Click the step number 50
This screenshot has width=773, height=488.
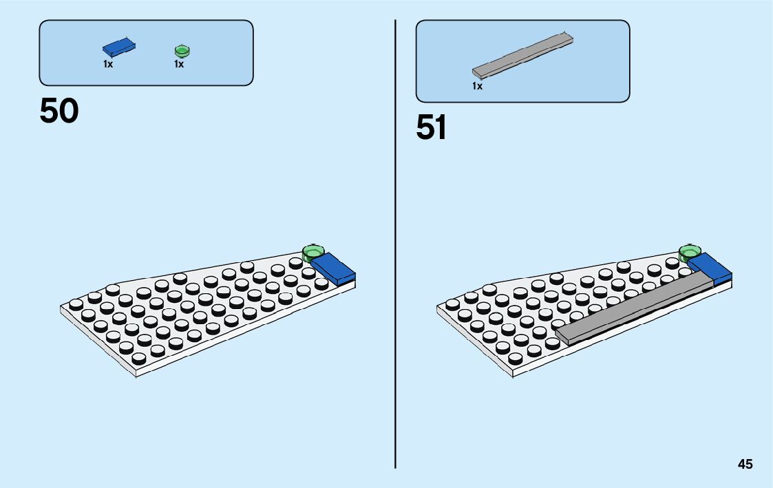point(59,111)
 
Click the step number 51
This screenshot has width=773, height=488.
point(432,127)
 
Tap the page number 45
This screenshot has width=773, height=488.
point(745,465)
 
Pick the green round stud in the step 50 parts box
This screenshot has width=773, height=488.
point(182,50)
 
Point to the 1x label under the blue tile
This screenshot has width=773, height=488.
point(108,64)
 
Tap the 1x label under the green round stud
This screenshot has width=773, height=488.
point(179,64)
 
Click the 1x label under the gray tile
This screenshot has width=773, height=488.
point(477,86)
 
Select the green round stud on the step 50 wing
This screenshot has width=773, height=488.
point(313,251)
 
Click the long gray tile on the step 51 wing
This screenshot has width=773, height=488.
point(633,306)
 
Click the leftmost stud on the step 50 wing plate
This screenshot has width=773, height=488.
point(76,304)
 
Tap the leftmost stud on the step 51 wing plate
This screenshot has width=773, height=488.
point(452,304)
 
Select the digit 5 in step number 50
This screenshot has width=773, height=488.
point(50,111)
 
